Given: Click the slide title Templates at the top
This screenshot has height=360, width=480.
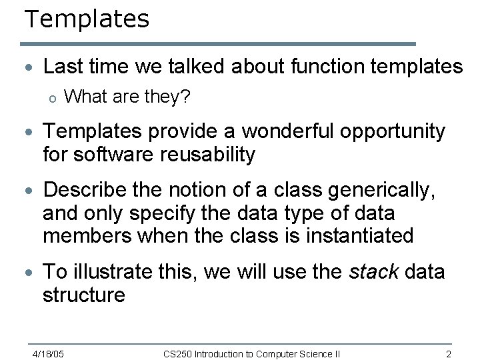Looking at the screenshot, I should click(87, 19).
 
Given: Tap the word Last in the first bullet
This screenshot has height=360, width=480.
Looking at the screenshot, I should click(62, 66).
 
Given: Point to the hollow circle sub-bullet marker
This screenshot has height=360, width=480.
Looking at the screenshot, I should click(53, 99).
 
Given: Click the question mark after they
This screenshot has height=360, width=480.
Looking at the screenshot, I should click(187, 97).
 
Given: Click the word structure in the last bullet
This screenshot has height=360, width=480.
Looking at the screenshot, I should click(84, 295).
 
